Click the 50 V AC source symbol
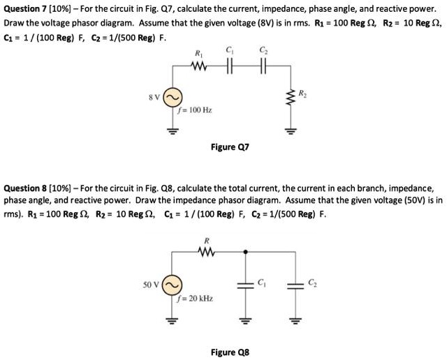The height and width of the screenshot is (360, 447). click(171, 285)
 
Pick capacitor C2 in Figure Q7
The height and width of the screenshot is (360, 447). click(263, 67)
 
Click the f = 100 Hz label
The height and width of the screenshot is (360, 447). click(195, 110)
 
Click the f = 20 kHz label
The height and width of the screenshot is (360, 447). click(196, 299)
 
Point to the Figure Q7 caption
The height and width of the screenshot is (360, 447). click(229, 148)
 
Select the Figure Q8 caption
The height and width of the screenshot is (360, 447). click(229, 352)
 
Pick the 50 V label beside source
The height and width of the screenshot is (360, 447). click(152, 285)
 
